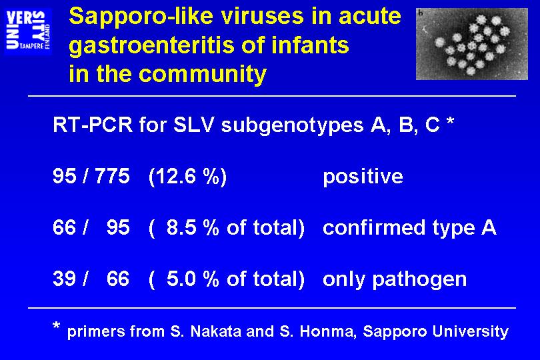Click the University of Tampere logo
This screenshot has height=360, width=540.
coord(28,31)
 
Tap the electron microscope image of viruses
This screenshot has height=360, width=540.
coord(472,44)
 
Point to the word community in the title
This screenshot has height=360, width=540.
coord(203,75)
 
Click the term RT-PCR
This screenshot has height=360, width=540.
coord(93,125)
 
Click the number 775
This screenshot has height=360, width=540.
coord(112,176)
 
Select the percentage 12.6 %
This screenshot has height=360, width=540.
coord(187,177)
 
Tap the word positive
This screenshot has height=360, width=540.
coord(363,177)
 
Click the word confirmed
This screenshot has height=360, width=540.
coord(375,228)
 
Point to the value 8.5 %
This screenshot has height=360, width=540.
coord(193,228)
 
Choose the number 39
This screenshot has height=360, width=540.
coord(65,279)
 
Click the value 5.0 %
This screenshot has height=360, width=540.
coord(193,279)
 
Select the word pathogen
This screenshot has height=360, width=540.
coord(419,280)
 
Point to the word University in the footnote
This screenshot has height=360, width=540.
coord(470,332)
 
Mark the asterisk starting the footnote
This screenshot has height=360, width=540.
coord(57,325)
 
